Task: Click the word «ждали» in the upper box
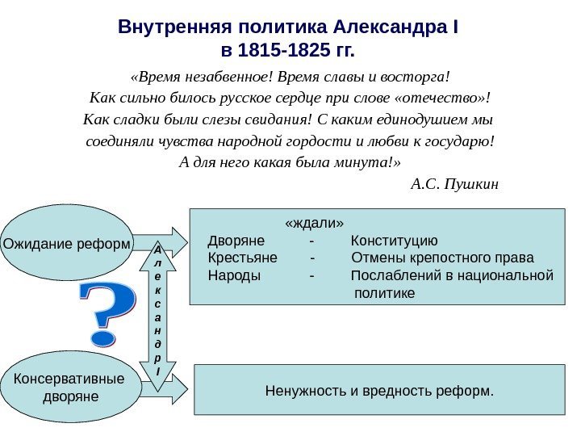coord(315,222)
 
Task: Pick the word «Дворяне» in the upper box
coord(236,241)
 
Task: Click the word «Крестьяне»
coord(242,258)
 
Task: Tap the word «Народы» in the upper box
coord(234,275)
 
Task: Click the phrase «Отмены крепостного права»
coord(443,258)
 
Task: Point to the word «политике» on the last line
coord(385,292)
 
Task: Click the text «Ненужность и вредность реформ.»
coord(378,392)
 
